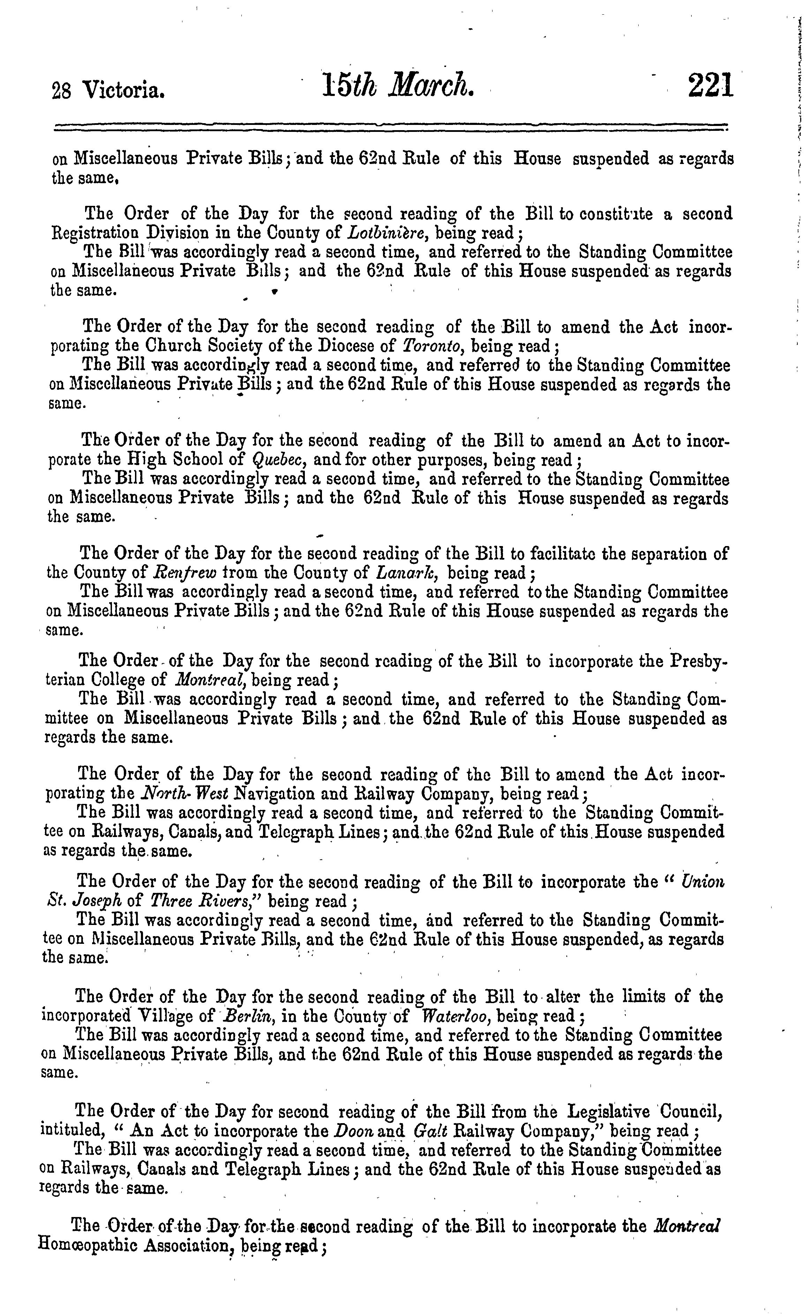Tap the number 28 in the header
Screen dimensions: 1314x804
tap(61, 92)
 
